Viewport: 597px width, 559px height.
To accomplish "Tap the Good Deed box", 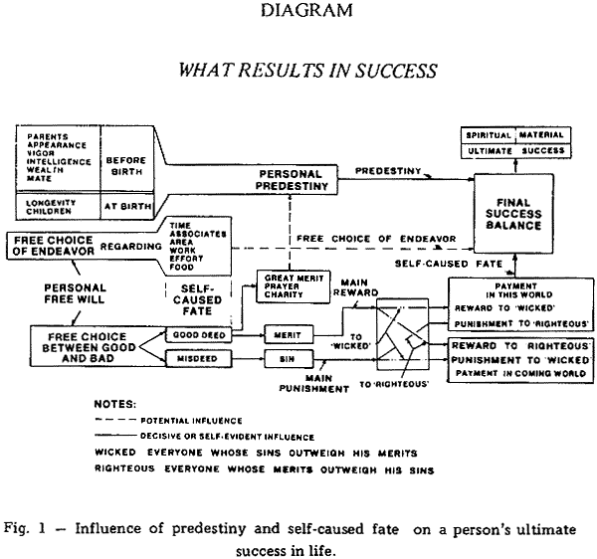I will point(205,336).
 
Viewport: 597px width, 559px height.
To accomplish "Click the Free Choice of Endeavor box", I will point(54,245).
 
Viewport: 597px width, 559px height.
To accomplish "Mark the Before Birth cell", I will point(125,164).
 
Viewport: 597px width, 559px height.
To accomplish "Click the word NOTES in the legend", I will point(108,406).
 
